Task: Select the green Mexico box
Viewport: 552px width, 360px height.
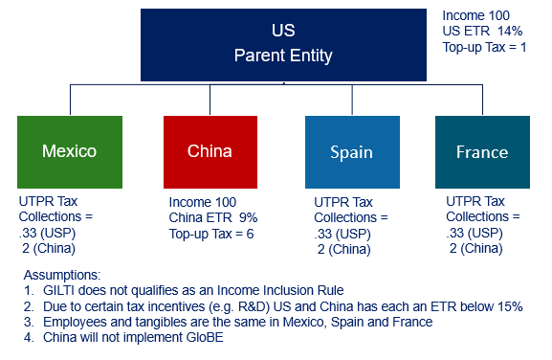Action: (69, 151)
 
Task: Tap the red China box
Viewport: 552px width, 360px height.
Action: (210, 151)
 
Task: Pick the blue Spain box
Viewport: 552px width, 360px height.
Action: (350, 151)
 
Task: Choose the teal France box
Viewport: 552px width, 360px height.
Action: (481, 151)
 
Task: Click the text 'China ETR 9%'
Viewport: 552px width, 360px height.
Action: (213, 217)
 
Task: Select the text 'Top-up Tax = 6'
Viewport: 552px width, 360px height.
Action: (211, 233)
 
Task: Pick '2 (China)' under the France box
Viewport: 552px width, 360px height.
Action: (475, 248)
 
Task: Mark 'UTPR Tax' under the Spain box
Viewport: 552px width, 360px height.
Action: (342, 203)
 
